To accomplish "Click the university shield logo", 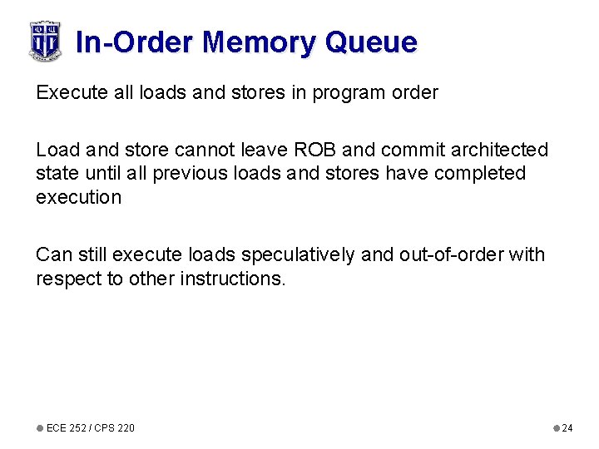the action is coord(45,41).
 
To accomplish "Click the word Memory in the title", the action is coord(261,42).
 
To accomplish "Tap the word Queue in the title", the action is coord(372,42).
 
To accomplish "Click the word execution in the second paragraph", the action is coord(78,197).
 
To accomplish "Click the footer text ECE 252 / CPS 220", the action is coord(90,428).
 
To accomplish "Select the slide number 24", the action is coord(567,428).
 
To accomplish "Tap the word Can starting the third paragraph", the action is coord(52,254).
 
